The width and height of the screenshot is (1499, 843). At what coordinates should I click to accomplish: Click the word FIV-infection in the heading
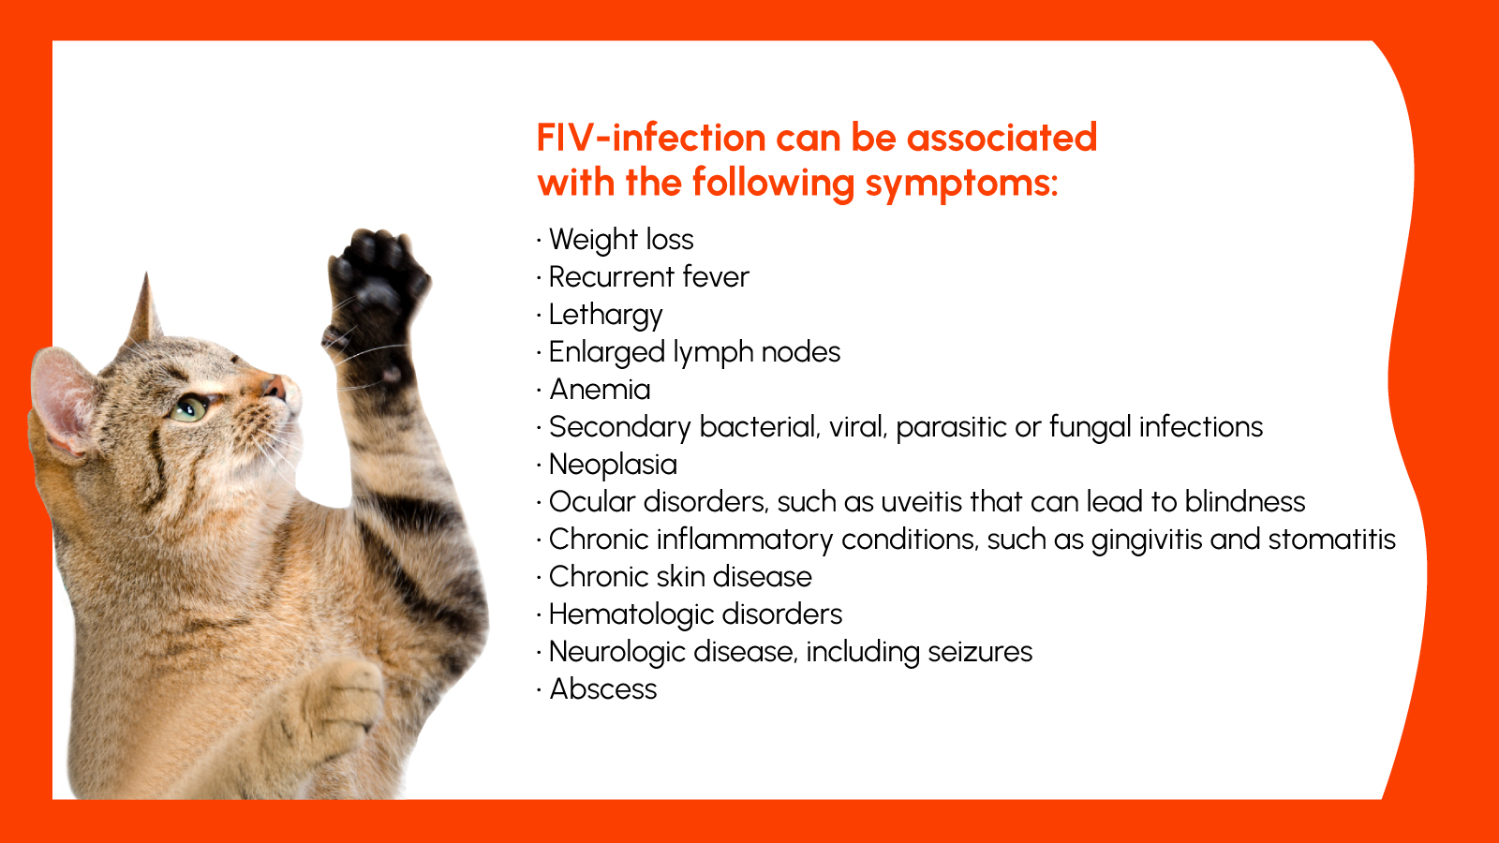(650, 139)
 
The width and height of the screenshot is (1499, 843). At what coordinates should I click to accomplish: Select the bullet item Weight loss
(620, 240)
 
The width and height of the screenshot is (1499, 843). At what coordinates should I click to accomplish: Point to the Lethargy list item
(605, 315)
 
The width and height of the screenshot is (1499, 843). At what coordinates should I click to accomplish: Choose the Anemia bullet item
(600, 390)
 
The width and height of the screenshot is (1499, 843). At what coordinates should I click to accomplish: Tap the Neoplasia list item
(613, 465)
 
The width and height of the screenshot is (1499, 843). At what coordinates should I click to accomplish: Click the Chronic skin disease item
(680, 577)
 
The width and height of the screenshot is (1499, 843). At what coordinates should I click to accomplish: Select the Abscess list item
(603, 689)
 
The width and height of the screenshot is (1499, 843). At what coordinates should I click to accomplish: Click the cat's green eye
(191, 407)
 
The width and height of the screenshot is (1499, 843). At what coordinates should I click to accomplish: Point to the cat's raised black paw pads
(376, 281)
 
